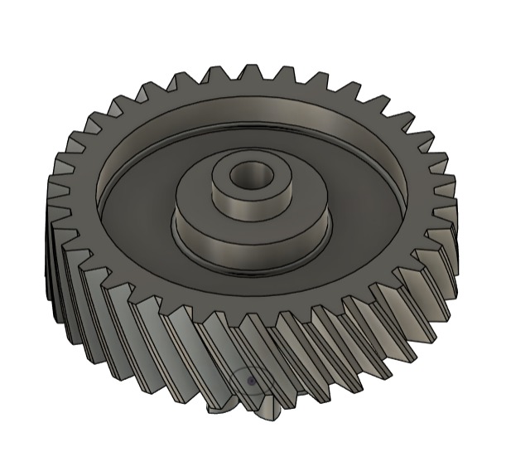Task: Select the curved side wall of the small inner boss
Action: click(248, 202)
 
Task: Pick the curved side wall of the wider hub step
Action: click(248, 243)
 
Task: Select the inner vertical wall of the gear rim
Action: click(248, 116)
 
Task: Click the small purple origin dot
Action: click(251, 382)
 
